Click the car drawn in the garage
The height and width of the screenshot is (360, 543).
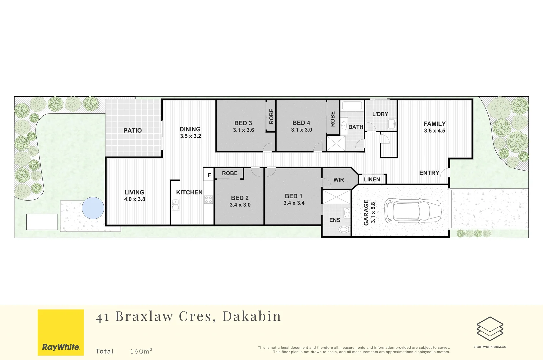pos(413,211)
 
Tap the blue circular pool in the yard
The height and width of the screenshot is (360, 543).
pos(93,208)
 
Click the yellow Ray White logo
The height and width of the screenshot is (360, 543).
pos(61,332)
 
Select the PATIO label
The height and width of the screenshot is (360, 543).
pos(133,131)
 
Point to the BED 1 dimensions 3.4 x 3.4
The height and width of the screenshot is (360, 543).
pos(294,203)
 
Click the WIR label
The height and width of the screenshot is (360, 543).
pos(339,180)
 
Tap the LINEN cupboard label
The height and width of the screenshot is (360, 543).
pos(372,180)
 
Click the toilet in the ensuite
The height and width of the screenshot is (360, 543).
pos(344,229)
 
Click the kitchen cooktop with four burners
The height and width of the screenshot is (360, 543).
pos(209,200)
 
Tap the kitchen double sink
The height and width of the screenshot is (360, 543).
pos(175,205)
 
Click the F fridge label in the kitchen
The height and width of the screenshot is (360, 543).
pos(209,175)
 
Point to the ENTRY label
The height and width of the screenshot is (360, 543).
pos(429,173)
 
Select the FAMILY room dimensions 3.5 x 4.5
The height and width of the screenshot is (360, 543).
pos(434,131)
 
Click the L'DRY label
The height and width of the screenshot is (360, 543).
pos(380,114)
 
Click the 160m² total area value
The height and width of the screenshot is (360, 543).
pos(141,351)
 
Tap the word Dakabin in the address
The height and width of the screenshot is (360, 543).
pos(252,316)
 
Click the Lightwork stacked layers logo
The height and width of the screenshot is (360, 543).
pos(490,329)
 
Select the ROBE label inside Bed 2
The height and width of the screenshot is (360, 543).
pos(230,173)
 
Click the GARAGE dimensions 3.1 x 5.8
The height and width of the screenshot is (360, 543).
pos(373,212)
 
